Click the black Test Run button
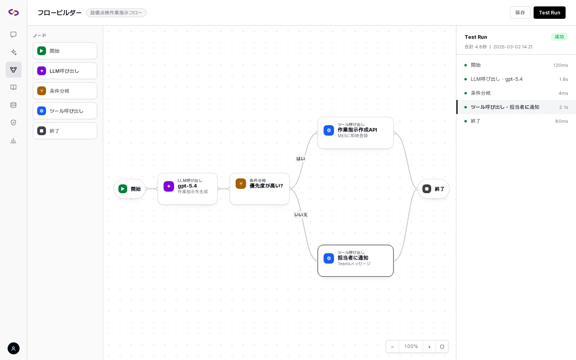coord(549,13)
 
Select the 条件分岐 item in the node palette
coord(65,91)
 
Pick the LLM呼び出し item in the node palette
coord(65,71)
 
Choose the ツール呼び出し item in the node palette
coord(65,111)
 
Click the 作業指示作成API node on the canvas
coord(355,133)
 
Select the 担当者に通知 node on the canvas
coord(355,261)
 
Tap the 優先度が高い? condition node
coord(260,189)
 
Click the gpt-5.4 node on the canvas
coord(188,189)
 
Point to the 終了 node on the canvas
coord(433,189)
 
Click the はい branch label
coord(301,159)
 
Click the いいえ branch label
coord(301,215)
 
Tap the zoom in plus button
coord(429,347)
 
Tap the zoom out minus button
coord(392,347)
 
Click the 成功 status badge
coord(559,37)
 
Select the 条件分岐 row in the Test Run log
coord(516,93)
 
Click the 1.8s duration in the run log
coord(563,79)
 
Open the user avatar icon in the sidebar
coord(13,348)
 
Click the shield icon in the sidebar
coord(13,122)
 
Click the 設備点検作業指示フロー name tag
coord(116,13)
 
